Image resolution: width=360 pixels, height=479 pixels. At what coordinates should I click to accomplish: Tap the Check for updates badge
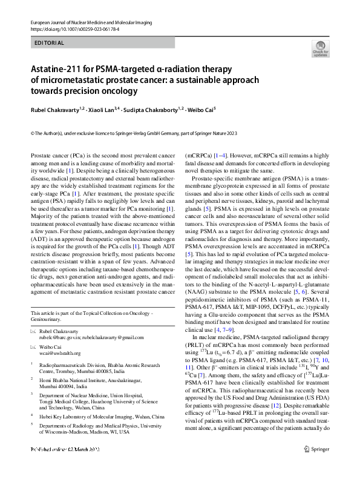coord(320,49)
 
